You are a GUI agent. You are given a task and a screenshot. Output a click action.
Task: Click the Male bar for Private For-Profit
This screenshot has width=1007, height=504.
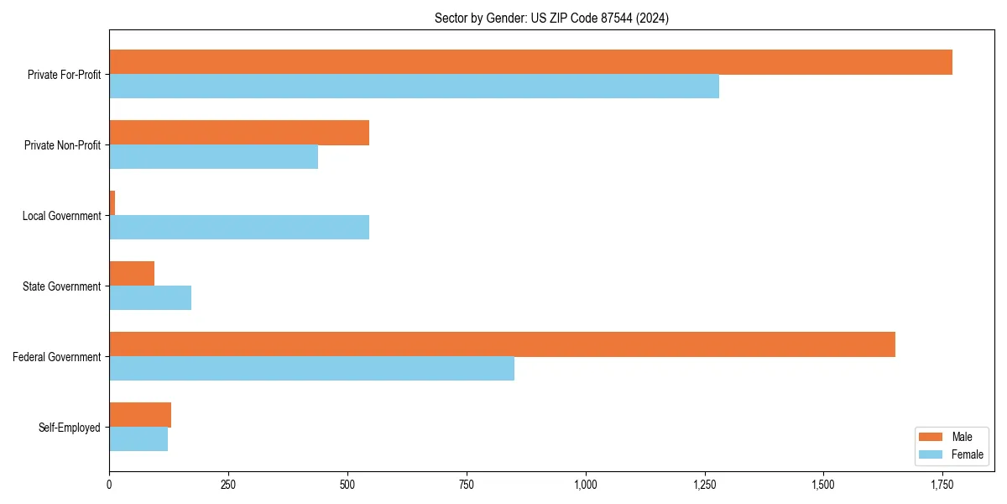(530, 62)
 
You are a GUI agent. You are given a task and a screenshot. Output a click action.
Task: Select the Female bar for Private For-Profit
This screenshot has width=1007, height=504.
(414, 87)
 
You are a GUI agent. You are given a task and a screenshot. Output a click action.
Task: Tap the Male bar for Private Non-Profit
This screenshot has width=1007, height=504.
(239, 133)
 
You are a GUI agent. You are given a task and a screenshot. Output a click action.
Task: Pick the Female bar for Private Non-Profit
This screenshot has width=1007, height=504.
(213, 157)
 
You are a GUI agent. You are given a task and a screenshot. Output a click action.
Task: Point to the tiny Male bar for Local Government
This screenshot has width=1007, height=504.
(112, 203)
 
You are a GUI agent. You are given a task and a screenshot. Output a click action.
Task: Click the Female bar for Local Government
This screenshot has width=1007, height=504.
(239, 228)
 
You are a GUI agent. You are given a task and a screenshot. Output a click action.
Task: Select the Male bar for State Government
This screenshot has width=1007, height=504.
(132, 274)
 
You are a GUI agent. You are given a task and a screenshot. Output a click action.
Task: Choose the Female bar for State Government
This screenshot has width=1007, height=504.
(150, 298)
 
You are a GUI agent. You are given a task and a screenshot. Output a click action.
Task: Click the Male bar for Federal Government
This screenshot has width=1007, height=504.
(502, 344)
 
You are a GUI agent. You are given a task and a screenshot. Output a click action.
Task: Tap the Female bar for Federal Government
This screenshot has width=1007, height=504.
(311, 369)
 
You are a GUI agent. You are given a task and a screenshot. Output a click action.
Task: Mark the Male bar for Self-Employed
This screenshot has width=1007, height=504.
(140, 415)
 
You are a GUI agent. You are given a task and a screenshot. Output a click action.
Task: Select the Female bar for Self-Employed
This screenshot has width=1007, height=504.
(138, 439)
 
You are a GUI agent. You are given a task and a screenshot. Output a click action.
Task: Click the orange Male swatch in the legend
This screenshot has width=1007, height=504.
(931, 437)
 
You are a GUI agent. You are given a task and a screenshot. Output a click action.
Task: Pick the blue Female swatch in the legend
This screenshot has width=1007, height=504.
(931, 454)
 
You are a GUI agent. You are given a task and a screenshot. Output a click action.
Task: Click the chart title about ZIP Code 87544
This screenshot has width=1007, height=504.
(551, 18)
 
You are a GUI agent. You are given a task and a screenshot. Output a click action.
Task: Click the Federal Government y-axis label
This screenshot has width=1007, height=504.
(56, 357)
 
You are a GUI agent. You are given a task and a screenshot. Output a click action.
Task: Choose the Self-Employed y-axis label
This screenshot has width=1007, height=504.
(69, 428)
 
